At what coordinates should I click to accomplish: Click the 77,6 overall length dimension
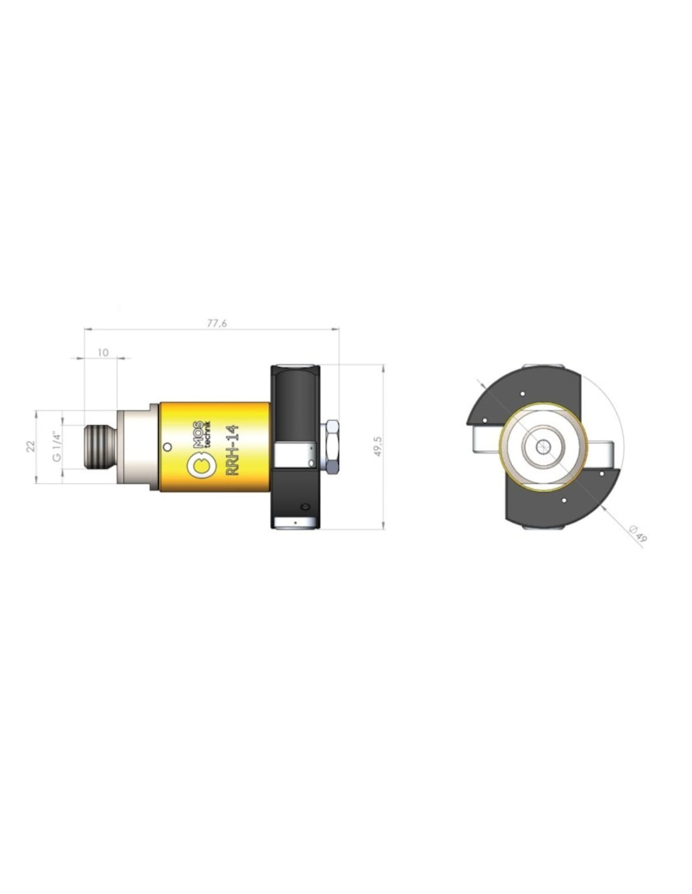216,323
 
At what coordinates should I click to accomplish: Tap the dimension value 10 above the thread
103,352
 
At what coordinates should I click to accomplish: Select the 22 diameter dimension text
31,446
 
